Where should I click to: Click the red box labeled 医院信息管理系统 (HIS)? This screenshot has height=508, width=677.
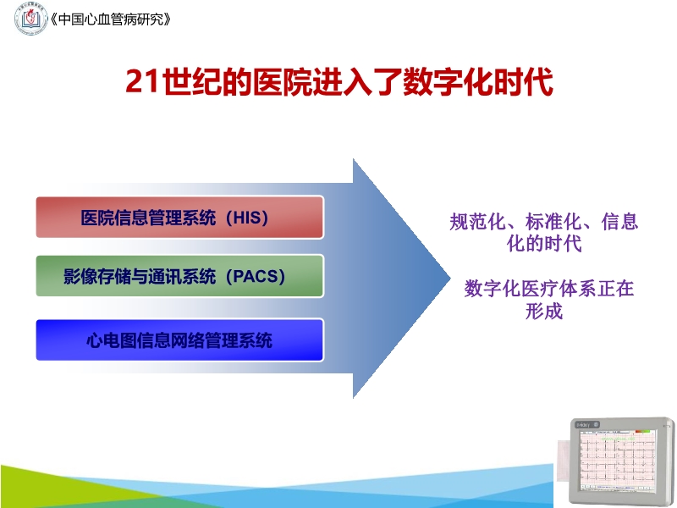click(179, 217)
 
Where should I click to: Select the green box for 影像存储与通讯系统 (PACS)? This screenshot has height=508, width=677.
click(179, 276)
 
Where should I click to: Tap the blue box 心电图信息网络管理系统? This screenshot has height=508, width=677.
click(179, 340)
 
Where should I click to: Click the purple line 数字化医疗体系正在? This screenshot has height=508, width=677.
click(548, 289)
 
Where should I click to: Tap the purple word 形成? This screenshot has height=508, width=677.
click(543, 311)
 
